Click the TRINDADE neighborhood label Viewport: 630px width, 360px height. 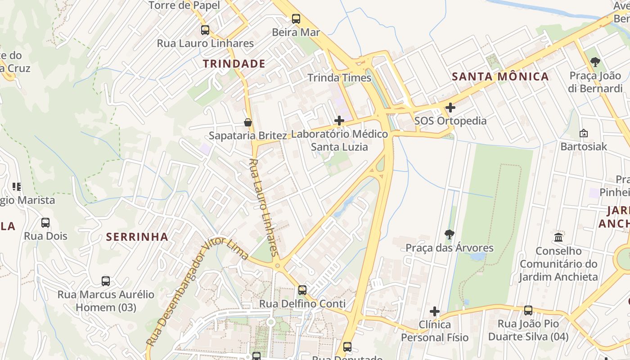point(234,64)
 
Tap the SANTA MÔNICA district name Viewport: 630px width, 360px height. point(500,76)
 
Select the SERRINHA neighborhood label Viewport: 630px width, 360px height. point(137,237)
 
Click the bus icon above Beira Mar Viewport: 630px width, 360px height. point(296,19)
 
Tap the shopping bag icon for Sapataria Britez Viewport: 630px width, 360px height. point(247,122)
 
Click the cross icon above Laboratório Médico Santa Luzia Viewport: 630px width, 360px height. point(339,121)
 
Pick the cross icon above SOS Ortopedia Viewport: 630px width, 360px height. point(450,108)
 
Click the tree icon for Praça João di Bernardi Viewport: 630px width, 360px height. point(595,62)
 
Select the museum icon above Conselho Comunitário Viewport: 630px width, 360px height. point(558,237)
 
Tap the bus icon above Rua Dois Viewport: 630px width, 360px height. point(45,223)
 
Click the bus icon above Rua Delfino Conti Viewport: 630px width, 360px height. point(302,290)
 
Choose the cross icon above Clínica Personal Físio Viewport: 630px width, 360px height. point(434,311)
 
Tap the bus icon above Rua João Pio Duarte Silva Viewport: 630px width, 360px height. point(528,310)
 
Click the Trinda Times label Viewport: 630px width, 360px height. point(339,78)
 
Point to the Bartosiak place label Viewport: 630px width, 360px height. point(583,147)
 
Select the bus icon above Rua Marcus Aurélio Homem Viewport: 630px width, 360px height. point(106,281)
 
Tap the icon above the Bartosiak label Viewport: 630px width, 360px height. point(583,133)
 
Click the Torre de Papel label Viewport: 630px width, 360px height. point(184,5)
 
